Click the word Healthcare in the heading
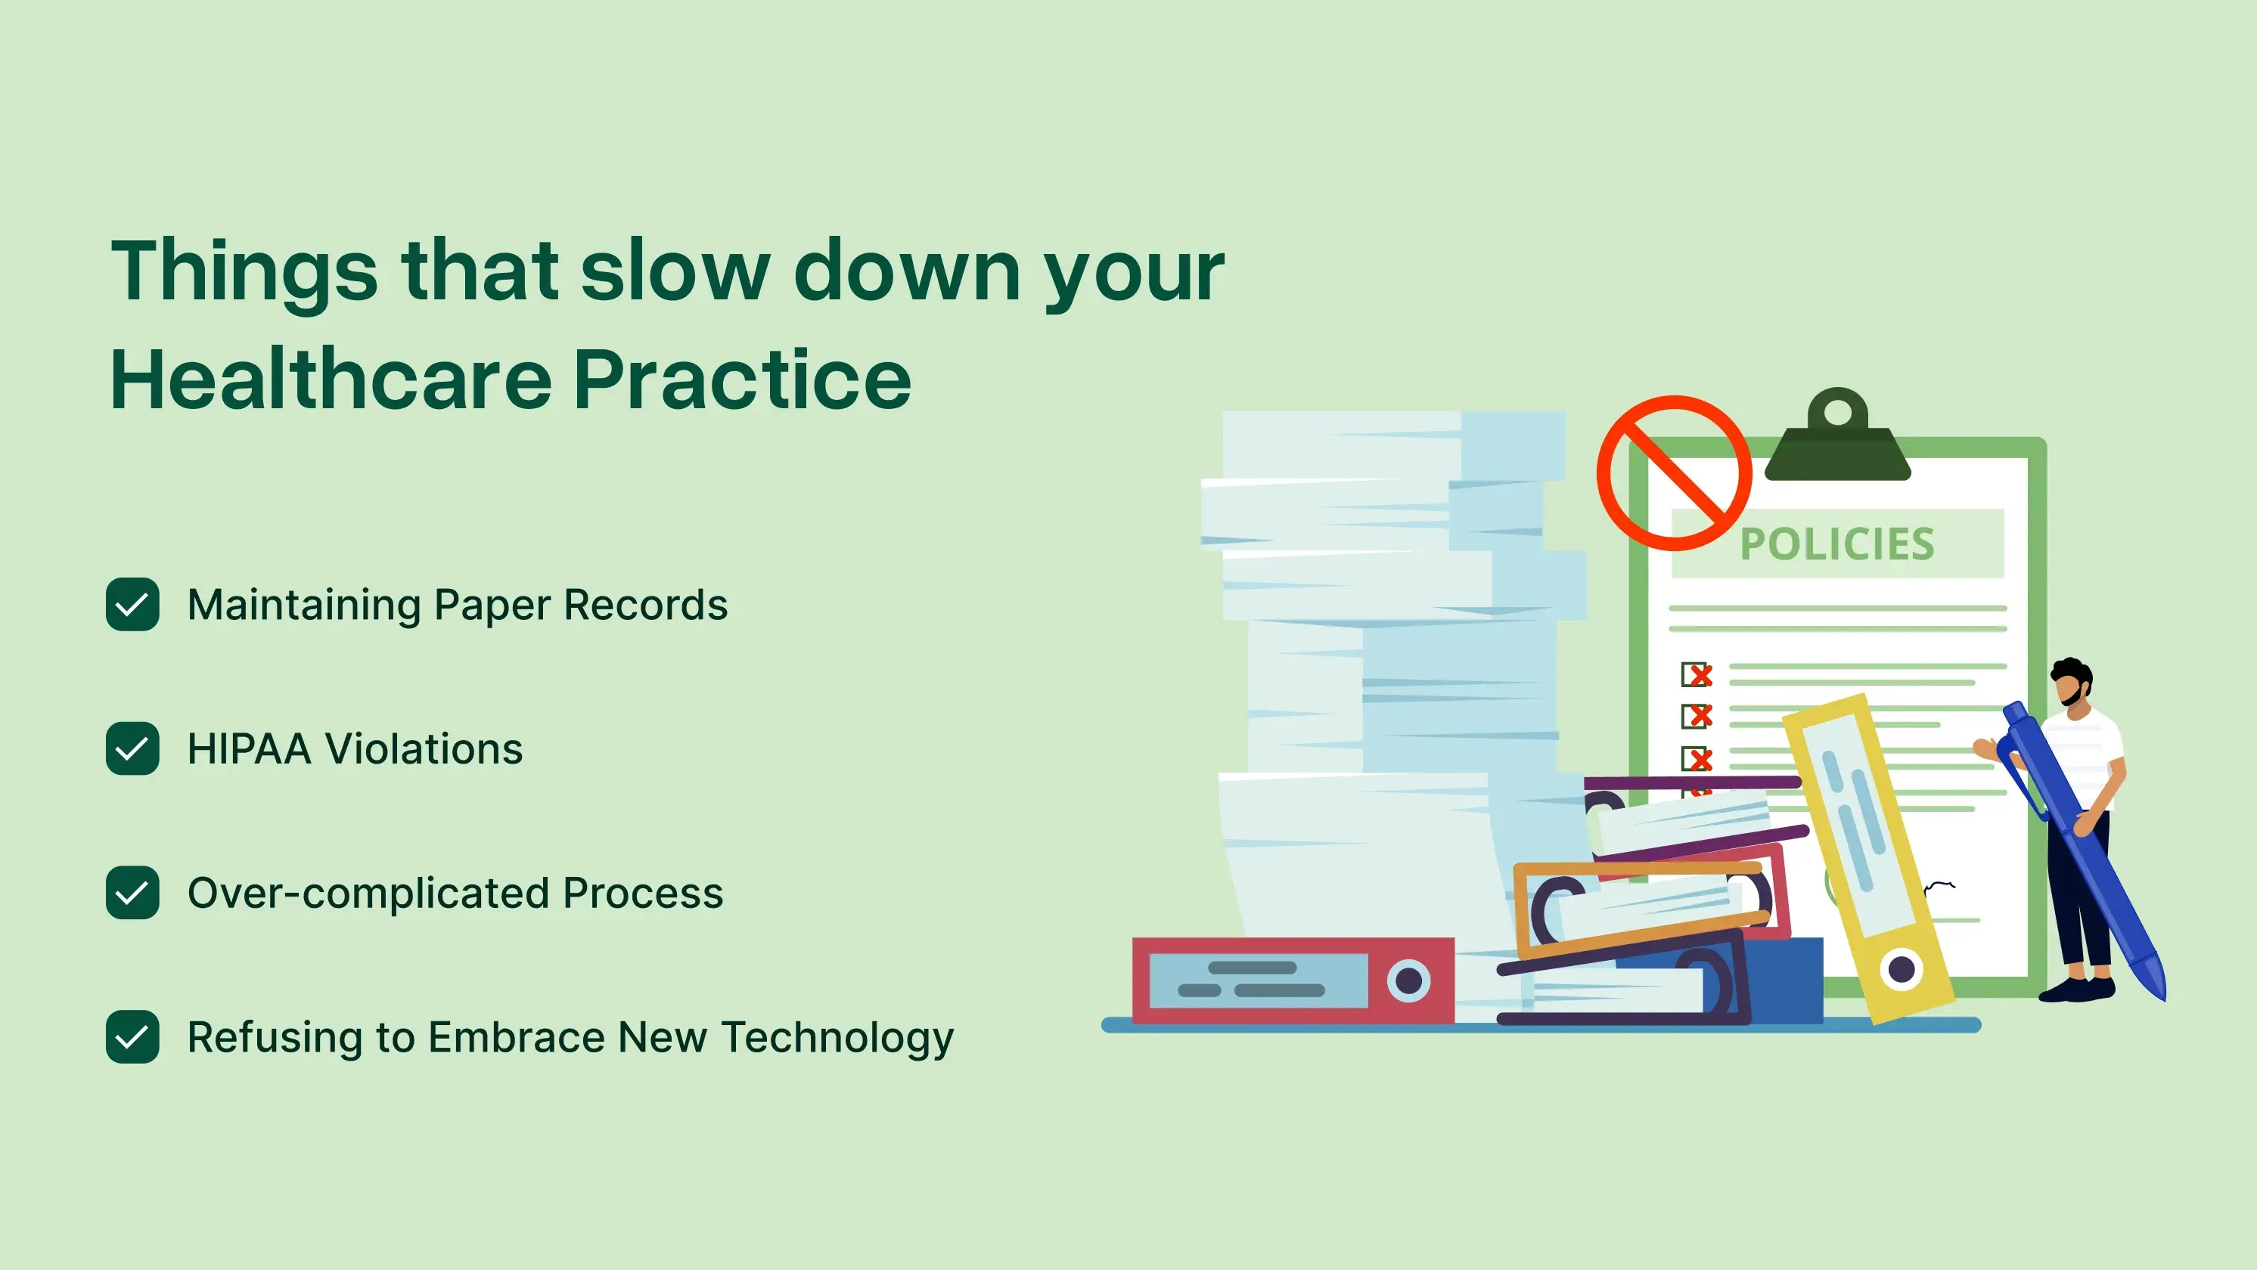point(331,379)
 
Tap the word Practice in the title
point(741,379)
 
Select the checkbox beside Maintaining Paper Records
point(132,604)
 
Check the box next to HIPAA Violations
point(132,749)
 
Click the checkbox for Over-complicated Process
point(132,893)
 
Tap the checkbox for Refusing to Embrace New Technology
point(132,1037)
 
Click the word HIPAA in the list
point(249,750)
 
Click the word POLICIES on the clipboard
point(1836,544)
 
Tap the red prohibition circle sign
point(1675,473)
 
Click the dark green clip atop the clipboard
point(1837,438)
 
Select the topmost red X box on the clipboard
point(1697,674)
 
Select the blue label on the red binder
point(1257,980)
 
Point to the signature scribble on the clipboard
point(1939,888)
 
